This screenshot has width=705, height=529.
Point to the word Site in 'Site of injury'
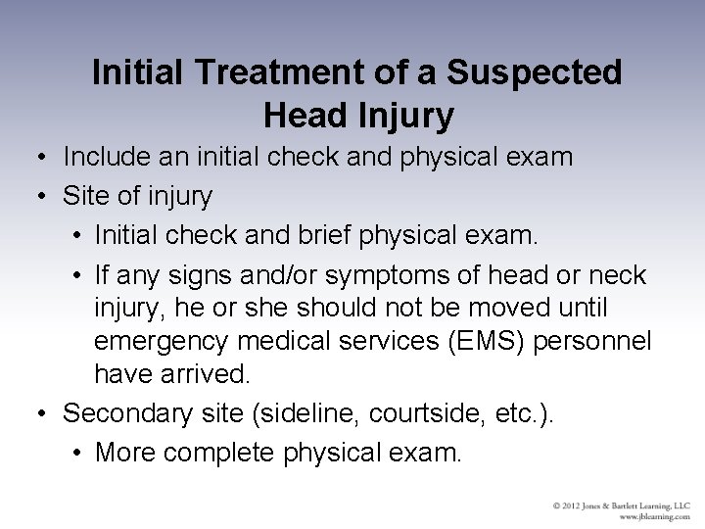coord(85,197)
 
